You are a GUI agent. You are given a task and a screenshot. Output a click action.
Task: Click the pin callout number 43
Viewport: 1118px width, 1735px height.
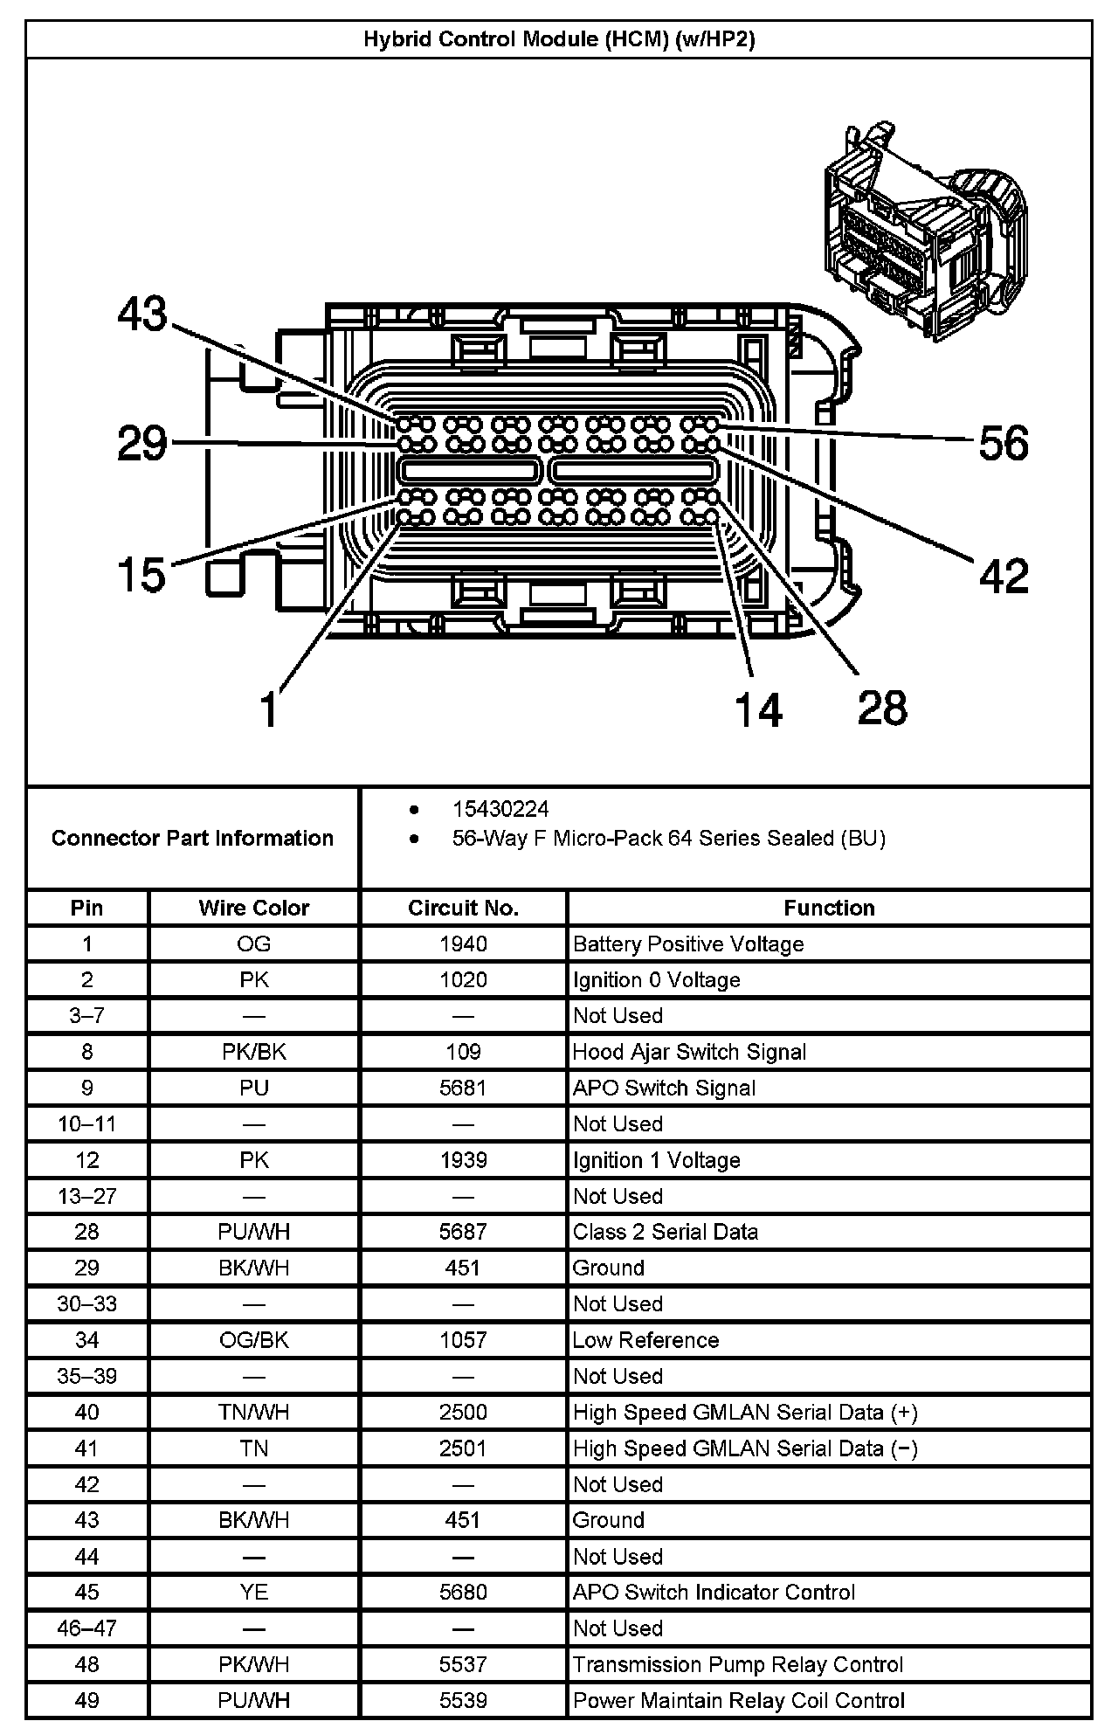pyautogui.click(x=142, y=314)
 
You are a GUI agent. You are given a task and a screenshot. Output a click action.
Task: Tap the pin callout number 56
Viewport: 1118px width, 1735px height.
pyautogui.click(x=1004, y=443)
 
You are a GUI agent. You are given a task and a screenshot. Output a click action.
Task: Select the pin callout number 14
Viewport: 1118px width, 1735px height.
pyautogui.click(x=758, y=709)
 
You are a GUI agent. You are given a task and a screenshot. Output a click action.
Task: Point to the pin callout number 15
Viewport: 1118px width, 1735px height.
pyautogui.click(x=141, y=575)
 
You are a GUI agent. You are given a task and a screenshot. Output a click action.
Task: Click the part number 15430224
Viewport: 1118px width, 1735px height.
pyautogui.click(x=500, y=809)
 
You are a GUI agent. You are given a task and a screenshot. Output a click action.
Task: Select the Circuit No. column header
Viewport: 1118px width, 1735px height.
pyautogui.click(x=463, y=908)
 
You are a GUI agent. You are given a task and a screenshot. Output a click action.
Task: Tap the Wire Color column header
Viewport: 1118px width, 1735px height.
pyautogui.click(x=253, y=908)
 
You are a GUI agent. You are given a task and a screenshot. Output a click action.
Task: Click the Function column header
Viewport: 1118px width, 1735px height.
pyautogui.click(x=829, y=908)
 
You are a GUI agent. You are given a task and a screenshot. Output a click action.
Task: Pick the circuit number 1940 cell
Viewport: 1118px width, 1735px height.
pyautogui.click(x=463, y=944)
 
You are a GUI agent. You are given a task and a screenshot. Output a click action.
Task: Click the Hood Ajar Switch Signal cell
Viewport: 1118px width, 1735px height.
pyautogui.click(x=689, y=1052)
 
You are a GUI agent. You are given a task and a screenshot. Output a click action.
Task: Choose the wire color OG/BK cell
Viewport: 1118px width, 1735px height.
pyautogui.click(x=253, y=1340)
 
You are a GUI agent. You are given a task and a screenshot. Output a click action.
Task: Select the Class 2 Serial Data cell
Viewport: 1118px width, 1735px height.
pyautogui.click(x=666, y=1232)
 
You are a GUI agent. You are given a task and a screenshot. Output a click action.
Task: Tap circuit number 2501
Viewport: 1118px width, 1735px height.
pyautogui.click(x=463, y=1448)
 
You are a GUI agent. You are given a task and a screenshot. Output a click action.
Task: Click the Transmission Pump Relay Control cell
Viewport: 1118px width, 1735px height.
pyautogui.click(x=738, y=1664)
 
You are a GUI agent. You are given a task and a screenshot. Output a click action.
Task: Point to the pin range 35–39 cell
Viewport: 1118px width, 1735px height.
pyautogui.click(x=87, y=1376)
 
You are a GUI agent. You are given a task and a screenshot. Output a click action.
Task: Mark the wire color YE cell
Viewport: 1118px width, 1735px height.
pyautogui.click(x=253, y=1592)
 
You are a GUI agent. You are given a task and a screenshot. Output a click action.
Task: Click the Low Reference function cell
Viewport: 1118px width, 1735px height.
pyautogui.click(x=645, y=1340)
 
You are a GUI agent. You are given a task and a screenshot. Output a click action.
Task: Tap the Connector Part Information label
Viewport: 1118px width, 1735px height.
pyautogui.click(x=192, y=838)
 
